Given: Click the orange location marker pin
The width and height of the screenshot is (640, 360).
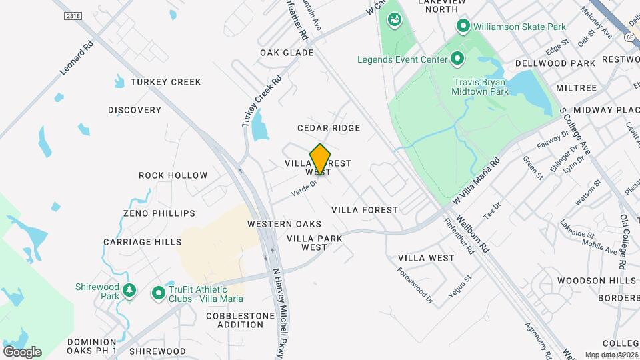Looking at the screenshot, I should click(x=320, y=159).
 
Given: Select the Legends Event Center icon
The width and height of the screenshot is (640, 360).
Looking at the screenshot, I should click(x=457, y=59).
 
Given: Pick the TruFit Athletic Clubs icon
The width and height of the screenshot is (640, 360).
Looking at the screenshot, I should click(x=159, y=293).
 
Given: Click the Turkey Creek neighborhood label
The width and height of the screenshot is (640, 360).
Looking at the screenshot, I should click(x=165, y=82).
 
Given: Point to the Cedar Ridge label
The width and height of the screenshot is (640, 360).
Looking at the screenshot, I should click(x=329, y=128).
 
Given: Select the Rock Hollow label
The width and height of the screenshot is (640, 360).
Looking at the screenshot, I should click(x=173, y=175).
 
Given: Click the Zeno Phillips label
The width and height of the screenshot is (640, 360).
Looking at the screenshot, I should click(x=159, y=213).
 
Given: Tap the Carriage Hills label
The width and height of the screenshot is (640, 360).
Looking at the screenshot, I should click(x=142, y=242).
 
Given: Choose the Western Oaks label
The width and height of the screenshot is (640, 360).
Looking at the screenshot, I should click(x=284, y=224).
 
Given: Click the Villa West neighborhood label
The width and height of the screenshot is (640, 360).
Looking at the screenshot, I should click(x=426, y=257).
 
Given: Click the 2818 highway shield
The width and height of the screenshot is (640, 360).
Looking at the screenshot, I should click(x=73, y=16).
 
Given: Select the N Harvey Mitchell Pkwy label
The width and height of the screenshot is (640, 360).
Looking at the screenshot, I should click(x=279, y=313).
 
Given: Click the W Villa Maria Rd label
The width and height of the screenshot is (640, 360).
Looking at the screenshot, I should click(x=475, y=181).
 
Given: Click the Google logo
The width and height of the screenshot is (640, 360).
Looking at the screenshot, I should click(x=22, y=351).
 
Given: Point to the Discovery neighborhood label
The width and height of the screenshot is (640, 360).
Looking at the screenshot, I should click(x=135, y=110).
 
